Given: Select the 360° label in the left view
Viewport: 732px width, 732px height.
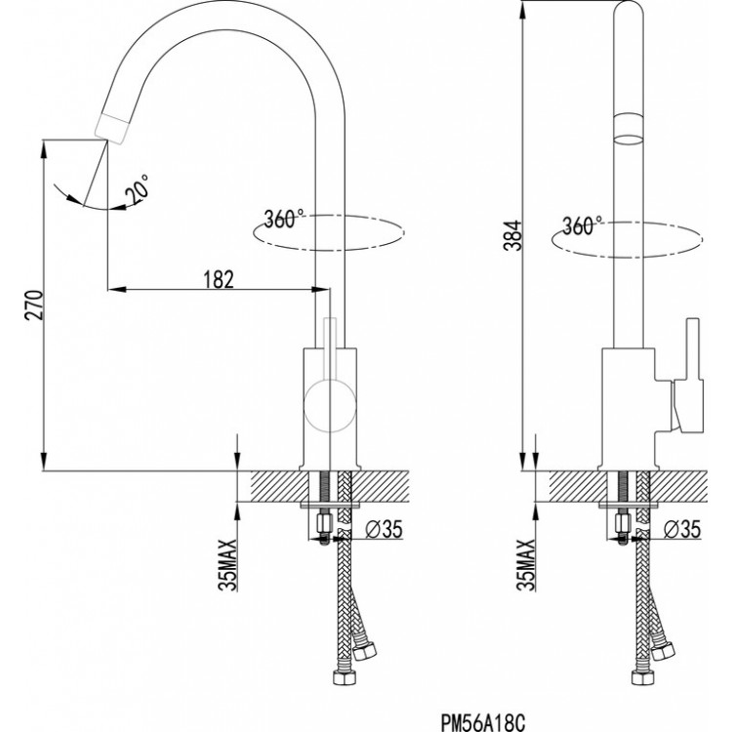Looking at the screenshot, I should click(284, 219).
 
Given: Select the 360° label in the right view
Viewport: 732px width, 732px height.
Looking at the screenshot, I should click(583, 225).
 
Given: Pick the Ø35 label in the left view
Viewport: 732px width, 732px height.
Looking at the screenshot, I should click(380, 531).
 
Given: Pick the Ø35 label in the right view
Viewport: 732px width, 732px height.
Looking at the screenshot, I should click(679, 529).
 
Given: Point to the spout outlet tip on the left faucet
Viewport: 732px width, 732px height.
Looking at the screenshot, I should click(114, 125).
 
